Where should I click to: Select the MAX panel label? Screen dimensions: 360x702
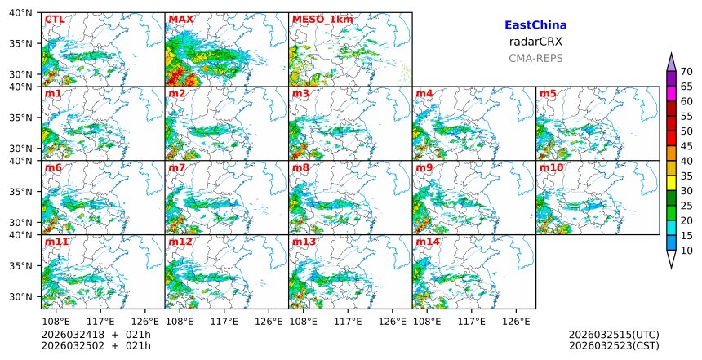tap(180, 19)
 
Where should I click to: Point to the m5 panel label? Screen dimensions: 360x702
tap(548, 94)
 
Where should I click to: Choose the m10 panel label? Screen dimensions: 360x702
tap(551, 167)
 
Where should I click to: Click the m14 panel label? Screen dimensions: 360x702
tap(427, 242)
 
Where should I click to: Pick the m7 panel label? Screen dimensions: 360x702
tap(177, 167)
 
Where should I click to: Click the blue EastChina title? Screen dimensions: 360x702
tap(535, 25)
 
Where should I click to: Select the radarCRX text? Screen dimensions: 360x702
tap(535, 42)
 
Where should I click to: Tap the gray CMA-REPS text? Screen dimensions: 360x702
tap(535, 58)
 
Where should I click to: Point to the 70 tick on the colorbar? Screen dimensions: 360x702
tap(686, 72)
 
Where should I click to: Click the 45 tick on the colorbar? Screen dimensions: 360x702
tap(686, 146)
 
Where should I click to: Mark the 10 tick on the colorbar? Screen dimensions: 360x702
tap(686, 250)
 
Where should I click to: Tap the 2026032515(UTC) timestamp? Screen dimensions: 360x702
tap(614, 335)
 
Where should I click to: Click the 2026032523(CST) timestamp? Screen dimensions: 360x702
tap(614, 345)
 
